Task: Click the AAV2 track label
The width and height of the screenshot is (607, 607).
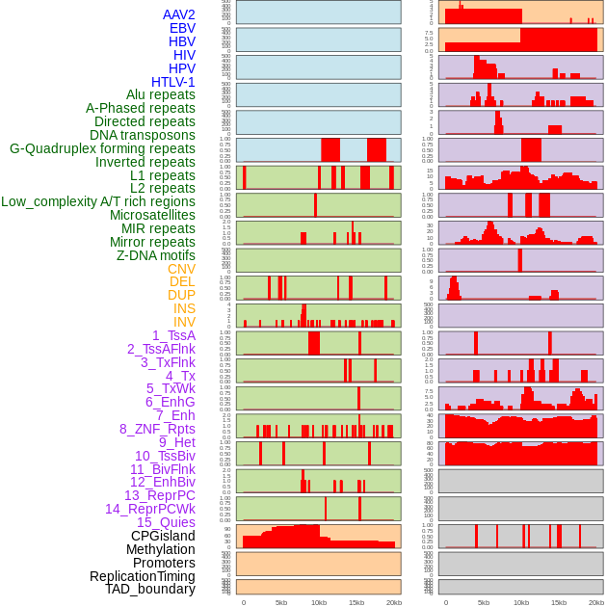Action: (x=179, y=14)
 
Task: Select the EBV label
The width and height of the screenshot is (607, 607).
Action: (x=182, y=28)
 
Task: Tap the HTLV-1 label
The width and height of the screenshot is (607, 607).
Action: (x=173, y=82)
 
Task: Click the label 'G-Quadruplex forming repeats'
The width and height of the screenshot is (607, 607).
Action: (x=102, y=149)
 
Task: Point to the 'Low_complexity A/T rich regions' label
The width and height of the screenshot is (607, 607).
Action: (x=98, y=201)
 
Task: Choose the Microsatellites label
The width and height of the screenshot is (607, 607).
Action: (x=152, y=215)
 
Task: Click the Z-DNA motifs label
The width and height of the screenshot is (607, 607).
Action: (x=156, y=255)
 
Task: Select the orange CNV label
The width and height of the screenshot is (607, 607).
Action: (x=181, y=269)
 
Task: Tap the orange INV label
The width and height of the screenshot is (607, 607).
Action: (x=184, y=322)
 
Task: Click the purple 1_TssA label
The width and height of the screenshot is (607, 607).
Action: (x=173, y=335)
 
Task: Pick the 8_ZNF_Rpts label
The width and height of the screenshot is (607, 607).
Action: (x=157, y=429)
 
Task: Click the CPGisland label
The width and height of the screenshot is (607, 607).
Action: (x=163, y=536)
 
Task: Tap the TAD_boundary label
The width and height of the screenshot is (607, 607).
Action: (x=150, y=589)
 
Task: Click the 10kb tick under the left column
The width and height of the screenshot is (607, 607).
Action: (x=319, y=602)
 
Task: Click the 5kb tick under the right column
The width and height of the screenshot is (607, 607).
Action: (x=484, y=602)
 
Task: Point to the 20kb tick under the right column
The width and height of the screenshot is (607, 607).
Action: (x=596, y=602)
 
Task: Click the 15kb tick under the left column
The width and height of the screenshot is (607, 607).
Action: (x=356, y=602)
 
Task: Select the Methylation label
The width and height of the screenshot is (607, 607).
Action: (x=154, y=549)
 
